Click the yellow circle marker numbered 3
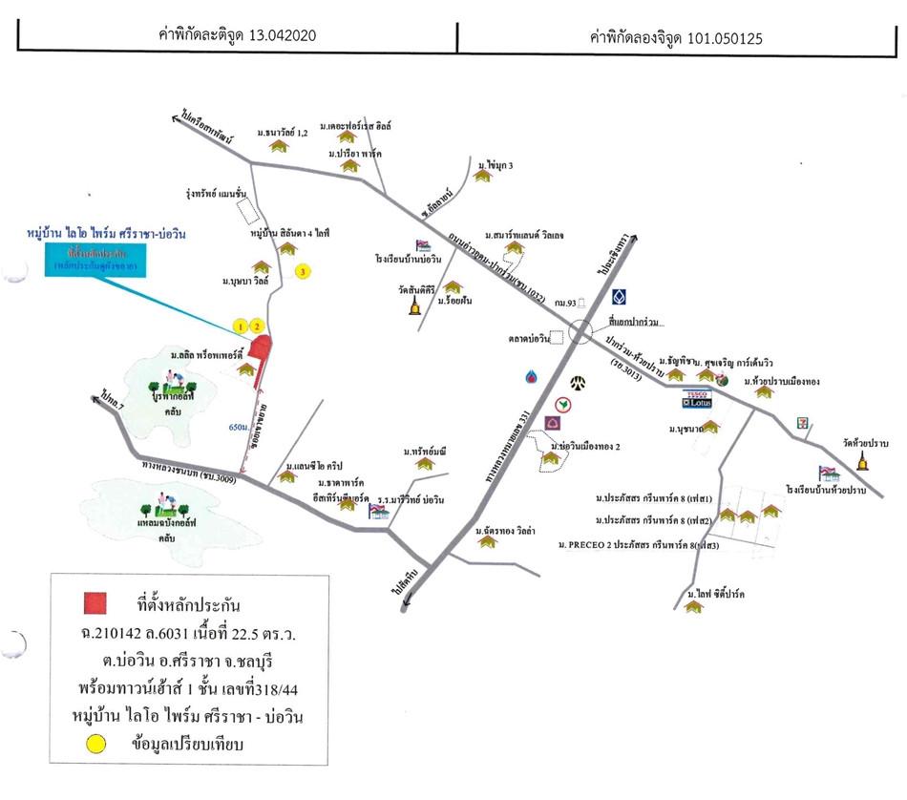click(303, 272)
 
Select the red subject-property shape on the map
click(261, 350)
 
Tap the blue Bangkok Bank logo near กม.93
click(619, 297)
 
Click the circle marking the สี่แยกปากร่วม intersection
click(580, 332)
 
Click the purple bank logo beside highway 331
click(552, 422)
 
